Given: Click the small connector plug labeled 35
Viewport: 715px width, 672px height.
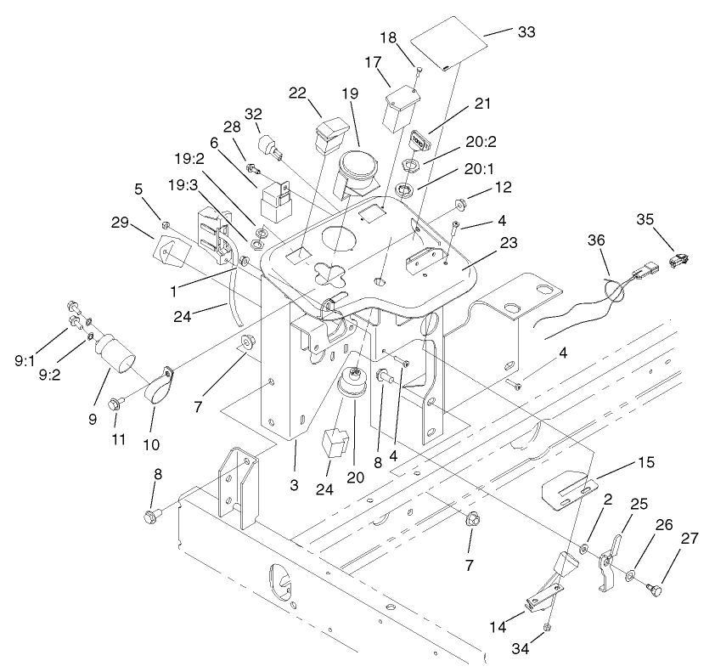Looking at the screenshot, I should [680, 258].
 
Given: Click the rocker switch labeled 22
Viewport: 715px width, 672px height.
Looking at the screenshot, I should [329, 135].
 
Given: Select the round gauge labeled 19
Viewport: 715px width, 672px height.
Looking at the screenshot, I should [360, 167].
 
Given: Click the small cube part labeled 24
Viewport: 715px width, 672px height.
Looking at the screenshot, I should [335, 443].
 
